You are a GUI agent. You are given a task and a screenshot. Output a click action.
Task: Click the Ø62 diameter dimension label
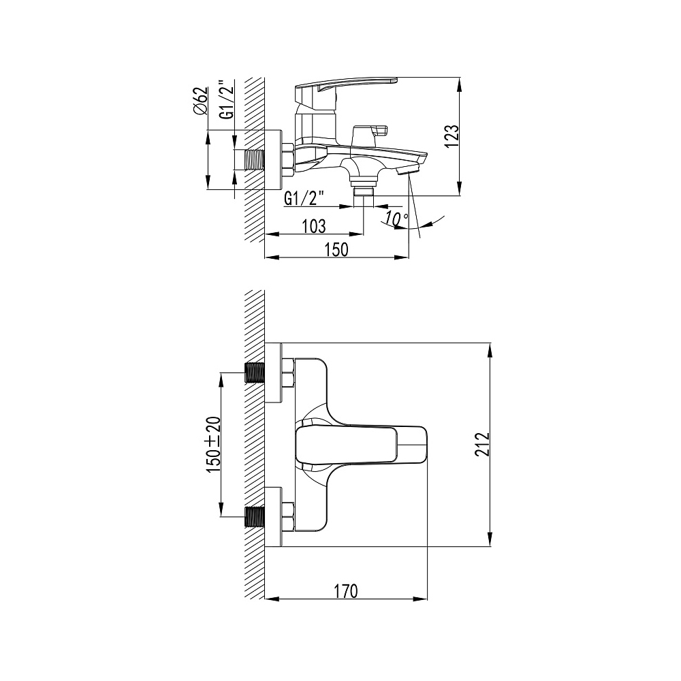click(200, 101)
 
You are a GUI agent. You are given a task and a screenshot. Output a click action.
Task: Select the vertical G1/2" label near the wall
click(227, 99)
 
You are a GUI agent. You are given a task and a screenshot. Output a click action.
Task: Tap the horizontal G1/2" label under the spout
click(304, 198)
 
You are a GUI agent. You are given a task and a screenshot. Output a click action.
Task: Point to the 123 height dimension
click(452, 136)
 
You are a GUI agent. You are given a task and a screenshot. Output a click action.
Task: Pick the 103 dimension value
click(313, 226)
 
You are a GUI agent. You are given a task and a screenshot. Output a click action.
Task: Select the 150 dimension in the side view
click(336, 250)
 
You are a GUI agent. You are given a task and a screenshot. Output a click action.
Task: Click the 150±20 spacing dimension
click(213, 445)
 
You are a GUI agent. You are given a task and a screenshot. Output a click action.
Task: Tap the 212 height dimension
click(482, 444)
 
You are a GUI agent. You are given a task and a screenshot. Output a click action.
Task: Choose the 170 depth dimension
click(346, 591)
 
